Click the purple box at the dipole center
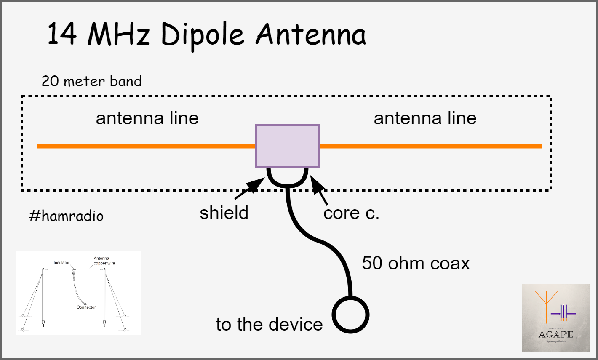click(x=287, y=146)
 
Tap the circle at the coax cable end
click(x=350, y=315)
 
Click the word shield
click(x=224, y=213)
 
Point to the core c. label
click(x=351, y=213)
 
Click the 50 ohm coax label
click(x=416, y=263)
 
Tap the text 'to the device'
click(x=269, y=324)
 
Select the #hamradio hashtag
click(x=66, y=216)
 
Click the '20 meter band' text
click(x=91, y=81)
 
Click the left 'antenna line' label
click(x=147, y=118)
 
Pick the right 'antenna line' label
click(x=425, y=118)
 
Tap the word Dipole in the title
click(x=202, y=35)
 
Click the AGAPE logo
click(x=555, y=318)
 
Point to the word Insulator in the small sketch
click(x=61, y=263)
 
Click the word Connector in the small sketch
click(x=86, y=307)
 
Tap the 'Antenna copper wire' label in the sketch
click(x=104, y=261)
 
